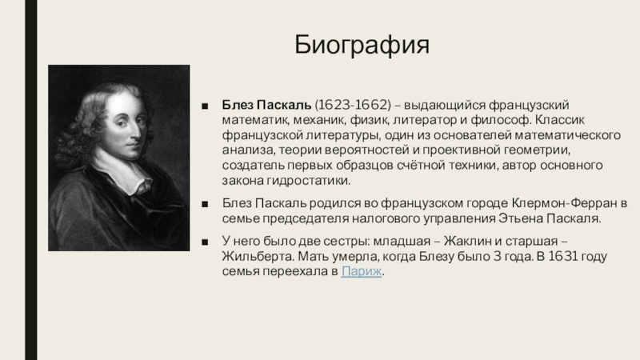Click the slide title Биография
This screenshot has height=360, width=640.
(362, 45)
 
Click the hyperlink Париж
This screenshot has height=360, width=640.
(362, 271)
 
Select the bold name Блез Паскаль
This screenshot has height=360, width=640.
(266, 105)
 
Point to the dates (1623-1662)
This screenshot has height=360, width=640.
(353, 105)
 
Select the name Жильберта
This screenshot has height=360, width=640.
(258, 256)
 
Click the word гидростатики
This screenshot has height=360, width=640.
(309, 181)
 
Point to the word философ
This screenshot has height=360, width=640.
(502, 120)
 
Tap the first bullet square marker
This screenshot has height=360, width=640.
(205, 106)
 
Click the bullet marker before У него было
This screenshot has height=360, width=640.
(205, 242)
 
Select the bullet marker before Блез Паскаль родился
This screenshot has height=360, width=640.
(205, 204)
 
